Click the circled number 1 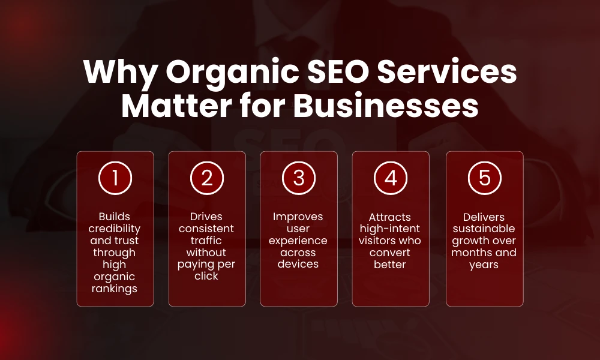coord(115,178)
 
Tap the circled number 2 coord(207,178)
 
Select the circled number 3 coord(299,178)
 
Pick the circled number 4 coord(391,178)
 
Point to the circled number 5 coord(484,178)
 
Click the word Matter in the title coord(172,106)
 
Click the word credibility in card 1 coord(115,229)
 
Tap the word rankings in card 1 coord(115,289)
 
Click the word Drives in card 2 coord(207,217)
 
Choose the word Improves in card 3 coord(299,217)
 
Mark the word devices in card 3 coord(299,265)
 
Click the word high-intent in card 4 coord(391,229)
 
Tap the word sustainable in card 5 coord(484,229)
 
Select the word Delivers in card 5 coord(484,217)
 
